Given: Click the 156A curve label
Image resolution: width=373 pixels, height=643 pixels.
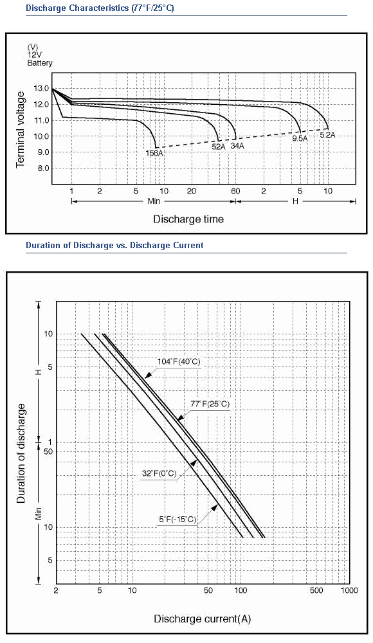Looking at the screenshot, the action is click(x=154, y=153).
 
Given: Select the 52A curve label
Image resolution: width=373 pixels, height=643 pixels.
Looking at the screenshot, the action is click(x=219, y=146).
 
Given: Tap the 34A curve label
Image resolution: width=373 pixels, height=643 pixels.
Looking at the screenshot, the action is click(x=237, y=145).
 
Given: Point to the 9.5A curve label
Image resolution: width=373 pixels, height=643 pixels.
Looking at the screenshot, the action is click(x=300, y=139).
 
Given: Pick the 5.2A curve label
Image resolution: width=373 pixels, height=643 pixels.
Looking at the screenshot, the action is click(x=327, y=134).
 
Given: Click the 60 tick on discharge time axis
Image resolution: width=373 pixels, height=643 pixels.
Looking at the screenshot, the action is click(x=235, y=191).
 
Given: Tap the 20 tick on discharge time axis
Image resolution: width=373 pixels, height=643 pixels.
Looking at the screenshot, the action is click(x=192, y=191).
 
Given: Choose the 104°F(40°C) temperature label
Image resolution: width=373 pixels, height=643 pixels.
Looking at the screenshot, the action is click(x=179, y=361).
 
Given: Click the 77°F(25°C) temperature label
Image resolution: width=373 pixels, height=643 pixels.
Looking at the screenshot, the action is click(x=210, y=404).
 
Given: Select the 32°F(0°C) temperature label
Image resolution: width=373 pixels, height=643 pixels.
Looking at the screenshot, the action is click(x=159, y=474).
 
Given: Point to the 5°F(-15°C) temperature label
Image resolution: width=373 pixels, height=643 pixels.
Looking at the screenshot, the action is click(x=177, y=520).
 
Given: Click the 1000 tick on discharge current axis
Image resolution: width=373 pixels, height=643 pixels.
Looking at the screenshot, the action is click(x=350, y=590).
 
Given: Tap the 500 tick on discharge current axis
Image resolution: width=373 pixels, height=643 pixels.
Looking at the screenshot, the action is click(x=316, y=590).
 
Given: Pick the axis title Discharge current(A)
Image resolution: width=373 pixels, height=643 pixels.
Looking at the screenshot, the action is click(x=203, y=619).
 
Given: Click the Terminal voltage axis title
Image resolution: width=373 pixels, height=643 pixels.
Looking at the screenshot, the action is click(x=21, y=129).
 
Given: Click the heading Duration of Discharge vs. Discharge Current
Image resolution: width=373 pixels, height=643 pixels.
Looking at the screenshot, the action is click(x=114, y=246).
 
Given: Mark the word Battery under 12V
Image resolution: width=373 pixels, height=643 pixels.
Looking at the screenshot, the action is click(x=40, y=63).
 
